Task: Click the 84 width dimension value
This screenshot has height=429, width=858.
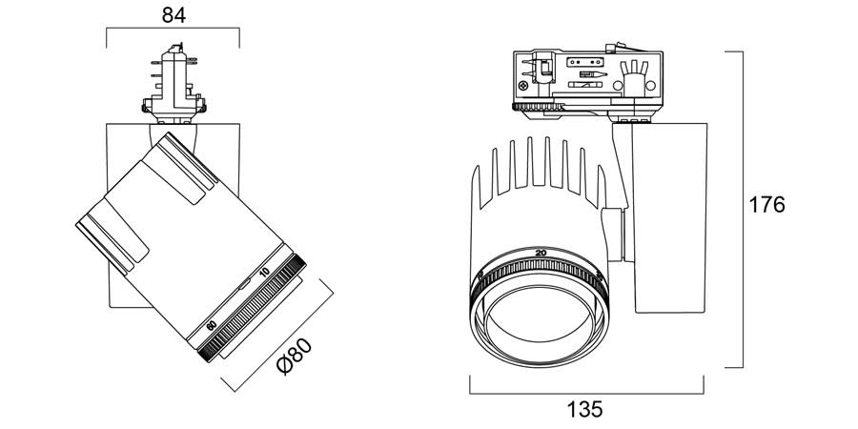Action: pyautogui.click(x=173, y=14)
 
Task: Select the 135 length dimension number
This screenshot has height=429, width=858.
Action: pyautogui.click(x=585, y=410)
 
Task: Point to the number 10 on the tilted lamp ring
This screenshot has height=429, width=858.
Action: pyautogui.click(x=266, y=274)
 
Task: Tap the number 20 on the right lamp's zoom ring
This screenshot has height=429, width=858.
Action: pyautogui.click(x=541, y=252)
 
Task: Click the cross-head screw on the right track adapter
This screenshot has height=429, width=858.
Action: pyautogui.click(x=524, y=85)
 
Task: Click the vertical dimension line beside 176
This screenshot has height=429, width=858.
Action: pyautogui.click(x=742, y=208)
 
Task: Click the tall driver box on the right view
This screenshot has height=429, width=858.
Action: pyautogui.click(x=672, y=214)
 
